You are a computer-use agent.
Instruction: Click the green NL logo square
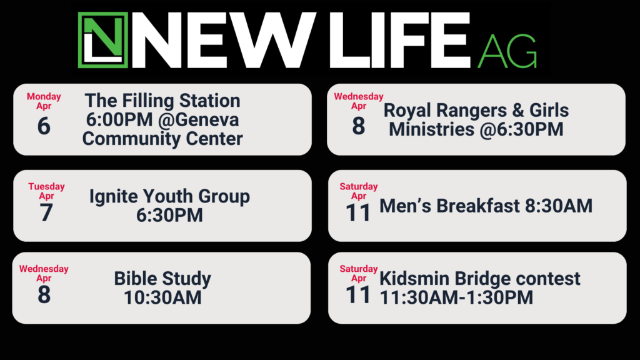[103, 40]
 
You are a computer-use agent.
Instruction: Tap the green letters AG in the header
[507, 51]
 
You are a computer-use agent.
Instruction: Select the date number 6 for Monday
[44, 126]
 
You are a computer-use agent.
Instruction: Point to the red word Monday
[44, 96]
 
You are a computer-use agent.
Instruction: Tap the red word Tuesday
[46, 186]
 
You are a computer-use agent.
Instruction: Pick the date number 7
[46, 212]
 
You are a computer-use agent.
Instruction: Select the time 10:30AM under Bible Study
[162, 297]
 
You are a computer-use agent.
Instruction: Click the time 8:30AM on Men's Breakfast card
[559, 206]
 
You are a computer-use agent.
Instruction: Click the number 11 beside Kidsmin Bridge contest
[358, 295]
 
